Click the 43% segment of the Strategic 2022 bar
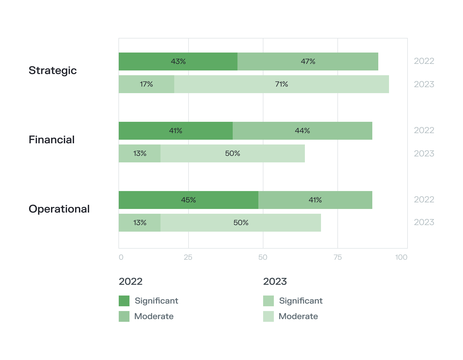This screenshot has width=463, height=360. click(x=178, y=61)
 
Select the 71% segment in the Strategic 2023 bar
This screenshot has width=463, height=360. click(x=281, y=84)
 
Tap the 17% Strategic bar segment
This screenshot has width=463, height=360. click(x=146, y=84)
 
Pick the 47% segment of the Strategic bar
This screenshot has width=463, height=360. click(x=308, y=61)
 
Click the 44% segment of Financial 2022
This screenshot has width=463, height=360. click(x=302, y=131)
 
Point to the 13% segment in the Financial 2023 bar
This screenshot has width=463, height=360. click(x=139, y=153)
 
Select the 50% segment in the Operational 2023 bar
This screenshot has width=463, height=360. click(x=240, y=223)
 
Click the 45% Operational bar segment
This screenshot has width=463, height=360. click(x=188, y=200)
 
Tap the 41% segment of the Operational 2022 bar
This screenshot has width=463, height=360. click(x=315, y=200)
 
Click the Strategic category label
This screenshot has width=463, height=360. click(x=53, y=70)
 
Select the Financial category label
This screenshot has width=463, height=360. click(x=52, y=140)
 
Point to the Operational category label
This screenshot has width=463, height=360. click(x=59, y=209)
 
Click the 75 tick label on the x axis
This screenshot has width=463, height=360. click(x=337, y=257)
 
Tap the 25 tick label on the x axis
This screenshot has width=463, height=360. click(x=188, y=257)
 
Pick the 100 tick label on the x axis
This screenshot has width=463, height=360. click(x=401, y=257)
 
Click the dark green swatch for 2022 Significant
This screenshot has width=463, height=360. click(x=124, y=301)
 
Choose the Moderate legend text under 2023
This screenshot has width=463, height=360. click(x=298, y=316)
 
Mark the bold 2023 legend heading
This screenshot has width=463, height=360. click(x=275, y=281)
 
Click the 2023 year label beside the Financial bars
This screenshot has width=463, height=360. click(x=424, y=153)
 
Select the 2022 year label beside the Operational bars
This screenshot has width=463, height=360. click(x=424, y=199)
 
